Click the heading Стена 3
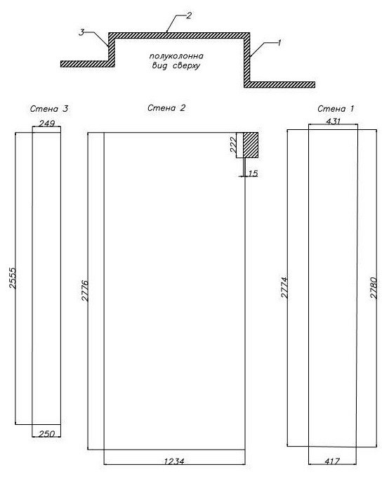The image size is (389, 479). [49, 109]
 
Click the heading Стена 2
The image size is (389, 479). [166, 108]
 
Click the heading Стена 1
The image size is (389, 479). [336, 109]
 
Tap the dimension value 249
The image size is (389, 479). [47, 123]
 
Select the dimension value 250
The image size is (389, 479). [47, 433]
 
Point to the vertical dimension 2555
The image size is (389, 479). [13, 278]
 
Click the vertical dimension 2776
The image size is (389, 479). [84, 291]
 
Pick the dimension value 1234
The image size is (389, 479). [174, 461]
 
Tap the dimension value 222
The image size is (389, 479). [232, 145]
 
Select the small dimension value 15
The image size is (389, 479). [253, 173]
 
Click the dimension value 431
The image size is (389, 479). [333, 122]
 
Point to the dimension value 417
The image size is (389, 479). [332, 461]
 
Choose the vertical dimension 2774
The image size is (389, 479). [284, 287]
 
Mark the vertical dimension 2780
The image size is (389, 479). [374, 288]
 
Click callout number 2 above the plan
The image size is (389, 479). [189, 15]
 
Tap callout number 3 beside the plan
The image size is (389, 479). [81, 32]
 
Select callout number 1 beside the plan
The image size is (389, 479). [279, 42]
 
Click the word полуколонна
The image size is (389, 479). [176, 56]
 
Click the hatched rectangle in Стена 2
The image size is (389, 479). [251, 145]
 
